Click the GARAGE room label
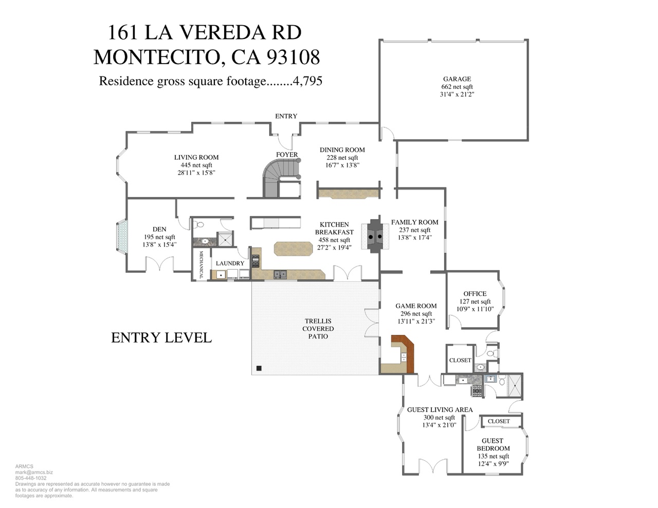pos(456,79)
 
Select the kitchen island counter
pos(293,249)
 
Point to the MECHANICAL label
pos(201,265)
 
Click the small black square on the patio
pos(259,368)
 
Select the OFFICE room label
pos(475,294)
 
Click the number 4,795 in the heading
pos(307,81)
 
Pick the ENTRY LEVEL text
pos(161,337)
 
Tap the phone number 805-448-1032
pos(31,478)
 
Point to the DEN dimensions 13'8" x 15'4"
pos(159,244)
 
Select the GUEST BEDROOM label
pos(493,444)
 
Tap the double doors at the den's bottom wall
pos(159,263)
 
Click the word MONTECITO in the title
pos(159,57)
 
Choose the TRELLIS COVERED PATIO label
pos(318,329)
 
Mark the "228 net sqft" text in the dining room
pos(342,158)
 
